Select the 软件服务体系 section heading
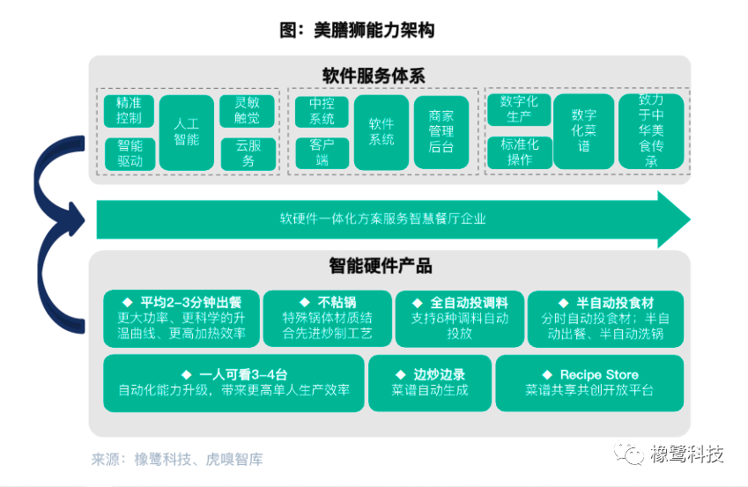click(374, 76)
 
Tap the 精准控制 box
click(129, 111)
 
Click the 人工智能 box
click(186, 132)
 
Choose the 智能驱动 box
click(129, 153)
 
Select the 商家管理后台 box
click(441, 132)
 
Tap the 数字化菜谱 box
click(583, 131)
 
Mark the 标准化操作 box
click(519, 152)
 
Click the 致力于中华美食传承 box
click(651, 131)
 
